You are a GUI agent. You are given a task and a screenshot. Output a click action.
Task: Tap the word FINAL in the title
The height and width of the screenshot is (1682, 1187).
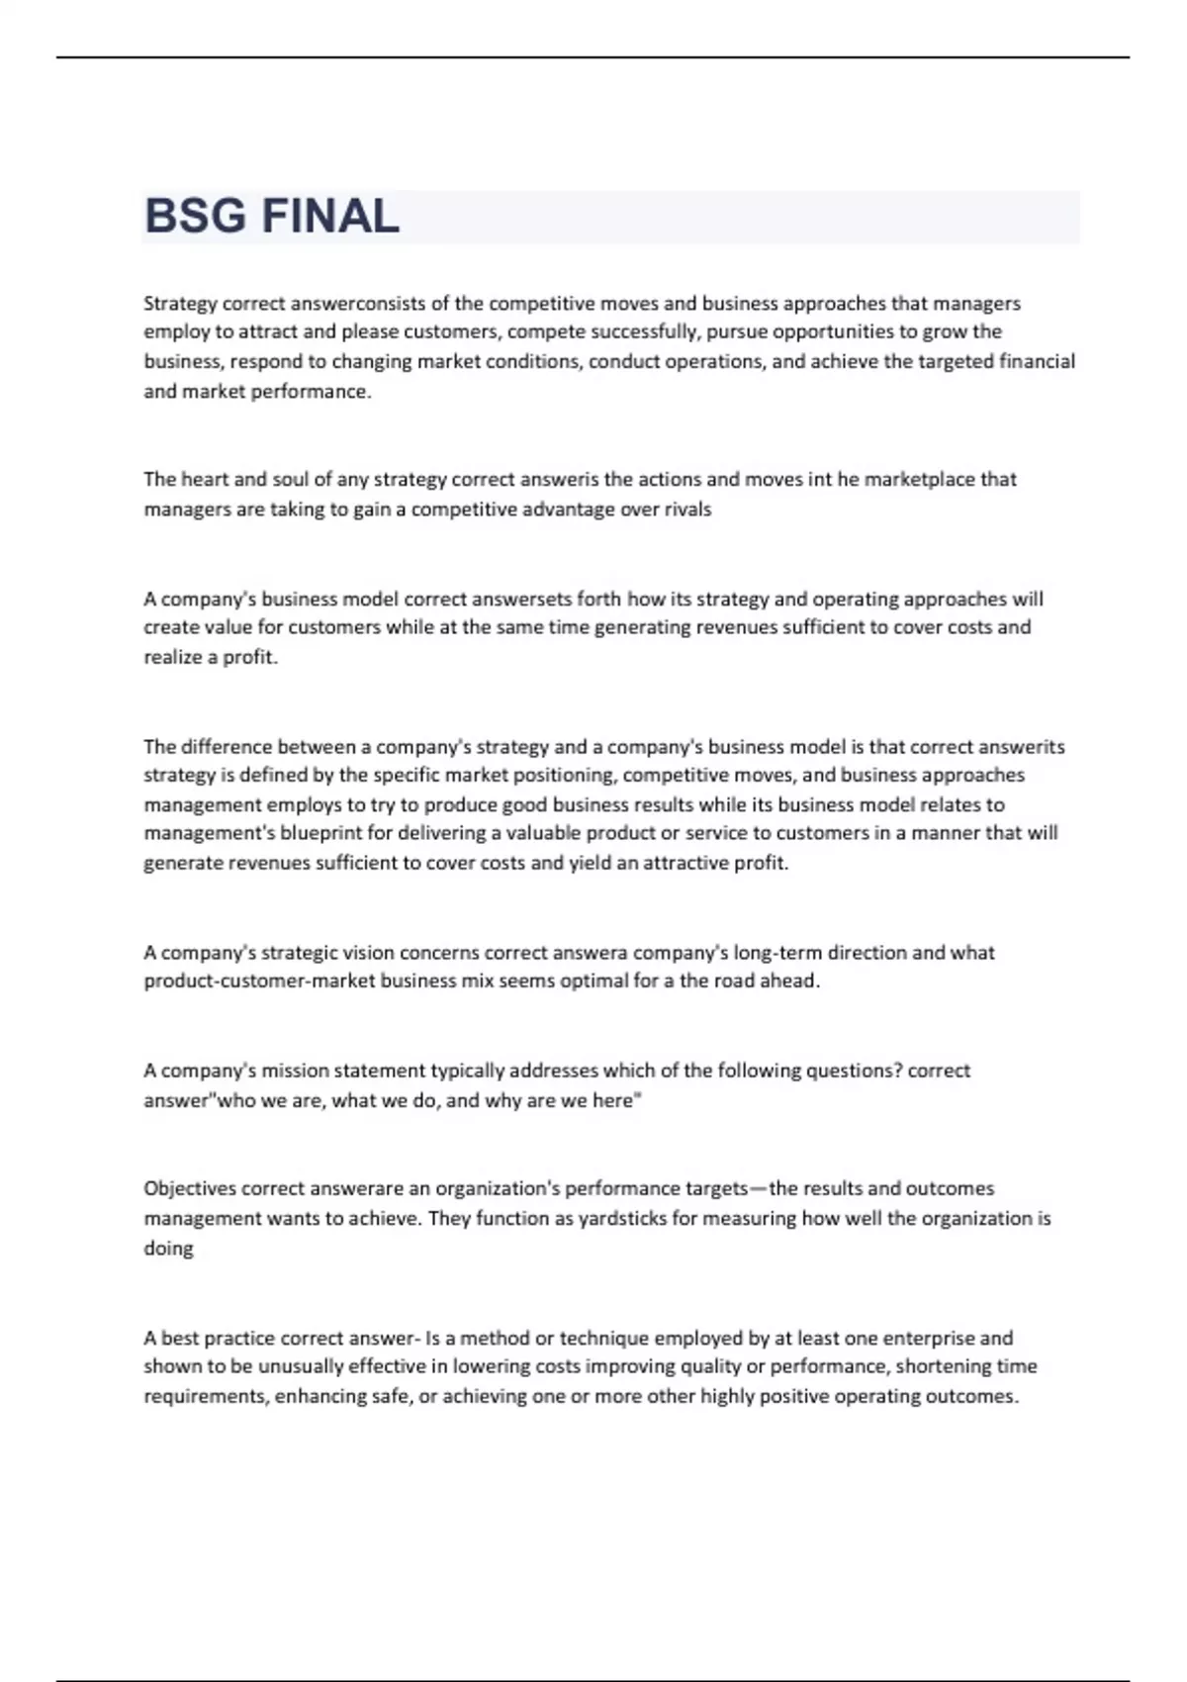(x=331, y=217)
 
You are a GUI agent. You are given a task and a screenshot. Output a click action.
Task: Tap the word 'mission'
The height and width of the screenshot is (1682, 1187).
(x=295, y=1071)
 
